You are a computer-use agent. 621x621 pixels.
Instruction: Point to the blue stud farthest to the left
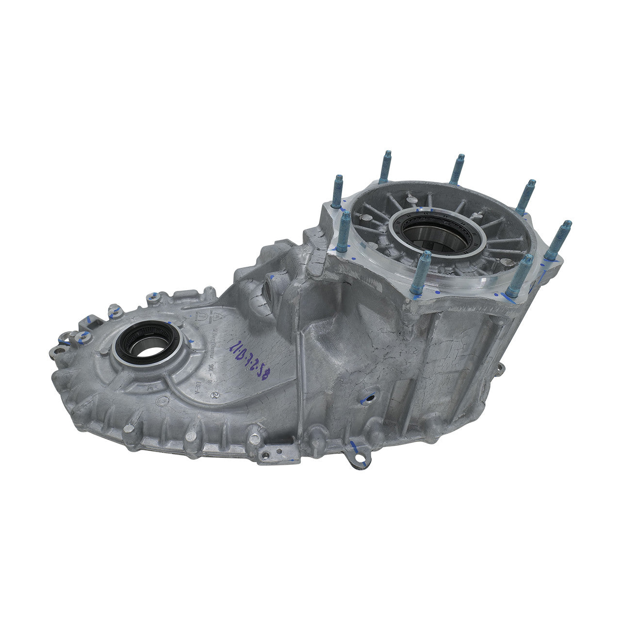click(x=337, y=191)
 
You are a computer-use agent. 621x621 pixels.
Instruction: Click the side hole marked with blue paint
click(x=369, y=397)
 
